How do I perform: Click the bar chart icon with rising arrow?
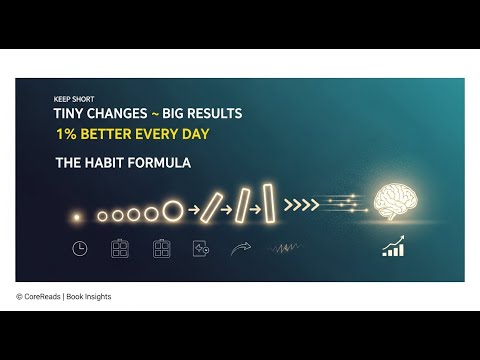point(394,246)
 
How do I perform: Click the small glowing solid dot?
point(77,213)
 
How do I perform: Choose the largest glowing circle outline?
point(172,210)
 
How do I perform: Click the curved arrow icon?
point(241,247)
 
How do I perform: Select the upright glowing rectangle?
point(268,203)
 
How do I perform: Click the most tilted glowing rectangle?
point(211,206)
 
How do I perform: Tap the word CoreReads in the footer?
point(46,297)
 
